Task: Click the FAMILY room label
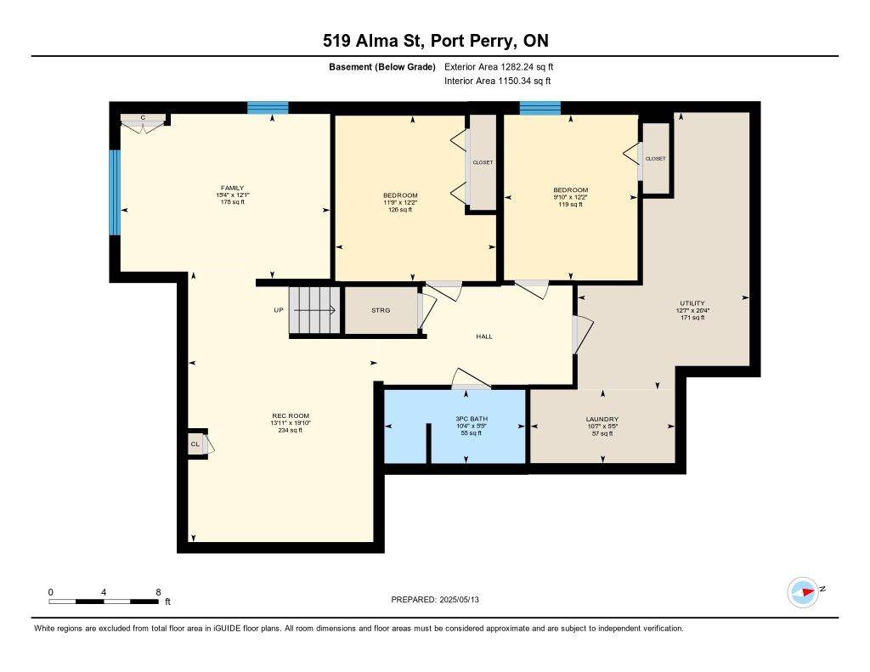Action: pos(232,188)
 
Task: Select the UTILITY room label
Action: pos(692,303)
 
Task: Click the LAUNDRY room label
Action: pos(602,419)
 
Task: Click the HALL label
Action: pos(483,336)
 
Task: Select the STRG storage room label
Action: pos(381,310)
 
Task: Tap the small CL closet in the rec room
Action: pos(195,443)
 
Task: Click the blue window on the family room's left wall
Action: pos(114,192)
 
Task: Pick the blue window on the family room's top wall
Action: pos(268,108)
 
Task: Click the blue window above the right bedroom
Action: pos(540,108)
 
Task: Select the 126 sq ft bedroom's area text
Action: pos(399,210)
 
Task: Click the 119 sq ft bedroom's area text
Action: pos(570,204)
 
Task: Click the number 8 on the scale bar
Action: pos(158,591)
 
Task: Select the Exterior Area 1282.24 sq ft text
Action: pos(499,66)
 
